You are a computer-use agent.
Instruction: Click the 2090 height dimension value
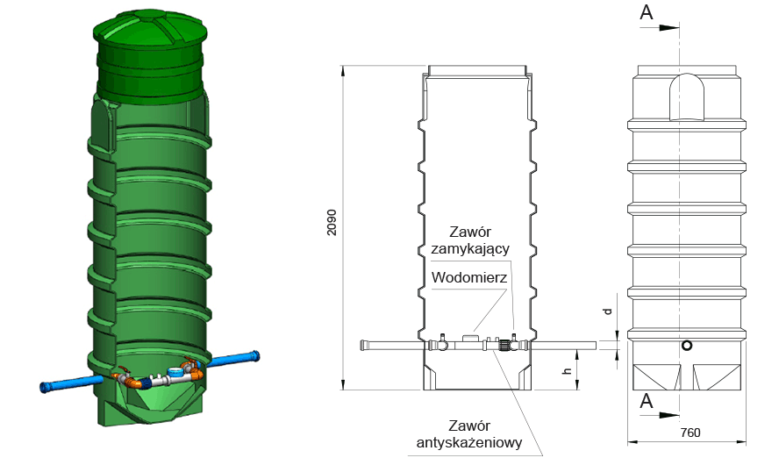pyautogui.click(x=332, y=222)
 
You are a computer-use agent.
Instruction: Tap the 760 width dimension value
pyautogui.click(x=690, y=433)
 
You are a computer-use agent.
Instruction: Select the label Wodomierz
pyautogui.click(x=469, y=277)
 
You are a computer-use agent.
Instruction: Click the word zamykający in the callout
pyautogui.click(x=470, y=248)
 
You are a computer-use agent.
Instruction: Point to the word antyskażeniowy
pyautogui.click(x=469, y=442)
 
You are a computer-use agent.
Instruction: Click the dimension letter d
pyautogui.click(x=607, y=311)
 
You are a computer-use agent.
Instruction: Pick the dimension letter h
pyautogui.click(x=568, y=370)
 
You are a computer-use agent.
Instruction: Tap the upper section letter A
pyautogui.click(x=647, y=12)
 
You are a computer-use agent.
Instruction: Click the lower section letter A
pyautogui.click(x=647, y=400)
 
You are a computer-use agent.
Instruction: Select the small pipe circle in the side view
pyautogui.click(x=687, y=346)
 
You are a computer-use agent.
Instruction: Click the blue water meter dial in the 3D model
pyautogui.click(x=175, y=371)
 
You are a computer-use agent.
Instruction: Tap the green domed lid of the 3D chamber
pyautogui.click(x=149, y=32)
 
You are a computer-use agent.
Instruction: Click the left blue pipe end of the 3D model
pyautogui.click(x=46, y=387)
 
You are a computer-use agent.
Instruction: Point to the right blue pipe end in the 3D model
pyautogui.click(x=254, y=355)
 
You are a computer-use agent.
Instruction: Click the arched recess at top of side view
pyautogui.click(x=687, y=97)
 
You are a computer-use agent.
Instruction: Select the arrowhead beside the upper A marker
pyautogui.click(x=669, y=28)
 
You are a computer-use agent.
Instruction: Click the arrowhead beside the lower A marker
pyautogui.click(x=669, y=414)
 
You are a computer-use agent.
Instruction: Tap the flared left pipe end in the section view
pyautogui.click(x=364, y=346)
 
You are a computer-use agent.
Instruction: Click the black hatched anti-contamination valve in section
pyautogui.click(x=504, y=346)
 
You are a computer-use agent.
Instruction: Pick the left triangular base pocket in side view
pyautogui.click(x=657, y=377)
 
